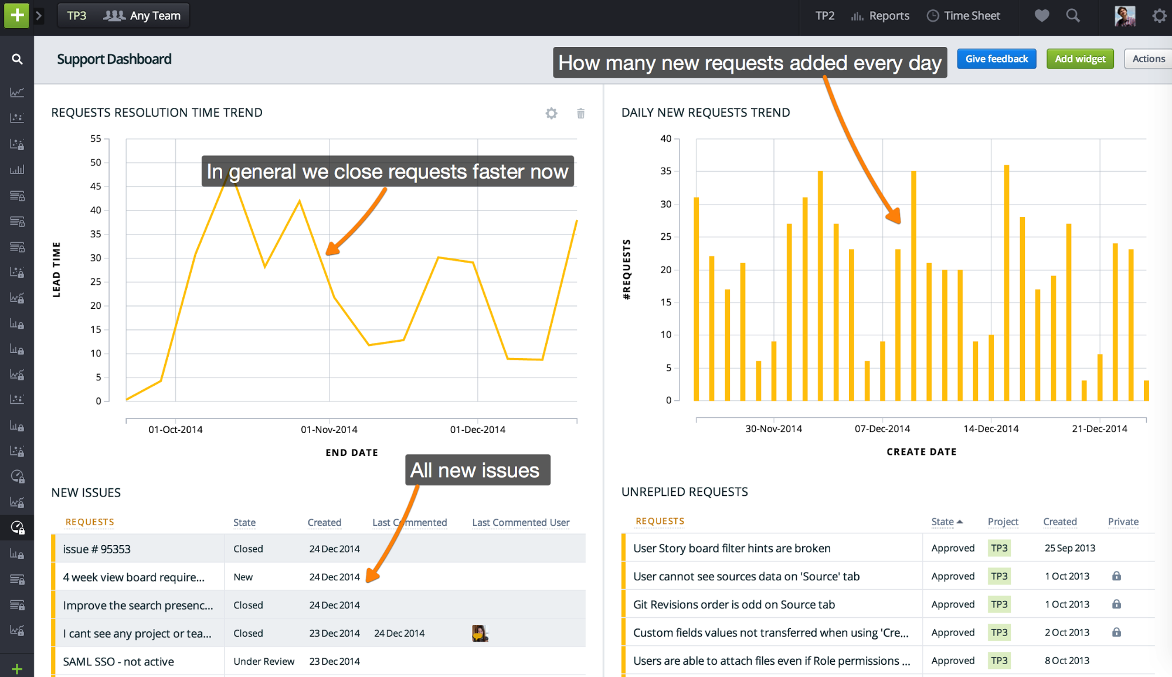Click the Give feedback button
996,59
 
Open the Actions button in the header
1148,59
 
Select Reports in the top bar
881,16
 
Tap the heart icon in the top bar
1041,16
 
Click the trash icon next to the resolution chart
580,113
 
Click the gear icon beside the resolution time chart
551,113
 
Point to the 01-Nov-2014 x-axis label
329,430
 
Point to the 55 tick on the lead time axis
96,139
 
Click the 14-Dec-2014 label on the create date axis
991,428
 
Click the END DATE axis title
352,453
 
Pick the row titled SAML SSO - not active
118,662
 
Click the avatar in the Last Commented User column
480,633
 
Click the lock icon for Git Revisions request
1116,604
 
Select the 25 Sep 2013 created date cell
1069,548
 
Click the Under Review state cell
264,662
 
